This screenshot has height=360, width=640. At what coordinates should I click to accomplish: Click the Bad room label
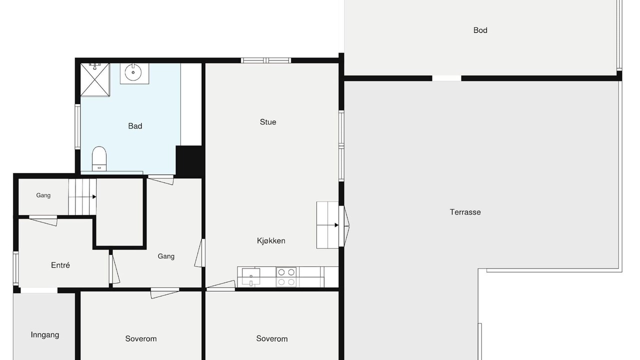pyautogui.click(x=135, y=126)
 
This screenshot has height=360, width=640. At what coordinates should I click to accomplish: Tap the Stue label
pyautogui.click(x=268, y=122)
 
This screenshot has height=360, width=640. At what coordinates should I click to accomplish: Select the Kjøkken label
pyautogui.click(x=271, y=241)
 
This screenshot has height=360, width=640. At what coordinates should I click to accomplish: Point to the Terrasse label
pyautogui.click(x=465, y=212)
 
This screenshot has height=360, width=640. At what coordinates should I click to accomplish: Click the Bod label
pyautogui.click(x=480, y=30)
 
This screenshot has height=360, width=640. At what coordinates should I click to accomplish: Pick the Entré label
pyautogui.click(x=60, y=265)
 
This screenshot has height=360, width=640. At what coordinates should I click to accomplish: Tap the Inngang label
pyautogui.click(x=45, y=335)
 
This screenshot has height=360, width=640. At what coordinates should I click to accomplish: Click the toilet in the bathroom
pyautogui.click(x=99, y=159)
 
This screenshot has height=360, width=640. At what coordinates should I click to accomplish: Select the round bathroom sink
pyautogui.click(x=133, y=72)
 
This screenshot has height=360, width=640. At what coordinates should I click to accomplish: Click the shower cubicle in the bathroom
pyautogui.click(x=95, y=79)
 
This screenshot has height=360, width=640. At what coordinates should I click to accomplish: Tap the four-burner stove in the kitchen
pyautogui.click(x=286, y=277)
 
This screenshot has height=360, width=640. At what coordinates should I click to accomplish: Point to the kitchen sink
pyautogui.click(x=251, y=277)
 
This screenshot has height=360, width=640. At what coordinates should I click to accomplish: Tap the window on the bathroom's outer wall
pyautogui.click(x=77, y=126)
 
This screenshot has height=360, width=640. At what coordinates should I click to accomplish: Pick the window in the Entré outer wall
pyautogui.click(x=16, y=268)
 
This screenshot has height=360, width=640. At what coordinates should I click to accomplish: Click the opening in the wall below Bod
pyautogui.click(x=446, y=78)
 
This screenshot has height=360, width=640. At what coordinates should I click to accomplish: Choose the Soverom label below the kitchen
pyautogui.click(x=271, y=339)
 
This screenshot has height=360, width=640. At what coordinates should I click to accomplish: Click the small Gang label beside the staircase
pyautogui.click(x=43, y=195)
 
